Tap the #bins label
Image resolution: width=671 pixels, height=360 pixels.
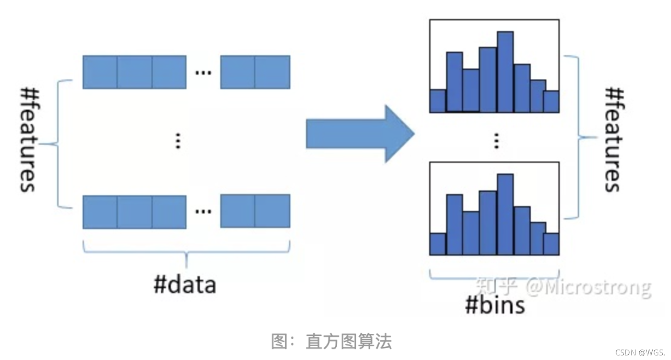tap(495, 305)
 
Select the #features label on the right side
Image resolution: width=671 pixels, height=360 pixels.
tap(614, 140)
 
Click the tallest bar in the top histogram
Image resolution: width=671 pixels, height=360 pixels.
tap(505, 72)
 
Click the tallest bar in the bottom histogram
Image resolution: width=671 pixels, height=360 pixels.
tap(505, 214)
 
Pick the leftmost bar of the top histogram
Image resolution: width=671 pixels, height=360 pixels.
tap(438, 101)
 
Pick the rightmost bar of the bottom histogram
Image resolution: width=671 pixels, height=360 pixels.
tap(551, 244)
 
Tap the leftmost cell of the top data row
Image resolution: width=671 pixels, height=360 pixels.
tap(100, 72)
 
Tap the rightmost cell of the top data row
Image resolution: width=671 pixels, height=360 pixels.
tap(272, 72)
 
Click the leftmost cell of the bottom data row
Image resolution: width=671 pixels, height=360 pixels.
tap(100, 212)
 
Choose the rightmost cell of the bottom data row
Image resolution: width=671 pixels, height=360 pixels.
tap(272, 212)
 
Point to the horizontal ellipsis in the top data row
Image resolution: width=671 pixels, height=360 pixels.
tap(203, 73)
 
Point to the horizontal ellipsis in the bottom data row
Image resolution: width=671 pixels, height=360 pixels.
tap(203, 212)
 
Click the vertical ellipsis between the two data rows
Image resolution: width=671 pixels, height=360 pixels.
tap(178, 141)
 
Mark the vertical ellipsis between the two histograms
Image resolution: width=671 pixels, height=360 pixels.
tap(496, 141)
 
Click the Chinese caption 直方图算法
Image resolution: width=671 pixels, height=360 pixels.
tap(349, 341)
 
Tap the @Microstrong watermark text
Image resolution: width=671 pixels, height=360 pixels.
tap(588, 287)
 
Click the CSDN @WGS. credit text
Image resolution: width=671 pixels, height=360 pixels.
tap(640, 352)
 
